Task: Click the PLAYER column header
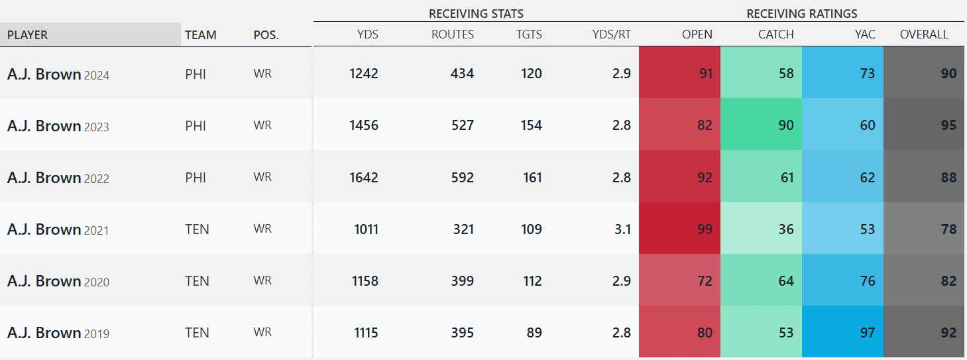(x=28, y=35)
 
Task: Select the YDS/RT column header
(x=611, y=34)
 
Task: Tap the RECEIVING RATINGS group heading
(x=801, y=13)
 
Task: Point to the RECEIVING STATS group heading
(x=476, y=13)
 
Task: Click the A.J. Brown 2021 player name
(x=58, y=229)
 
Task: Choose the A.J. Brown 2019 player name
(x=58, y=333)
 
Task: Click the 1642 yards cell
(x=364, y=178)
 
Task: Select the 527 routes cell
(x=462, y=125)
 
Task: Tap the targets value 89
(x=534, y=333)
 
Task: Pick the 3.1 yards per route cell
(x=622, y=229)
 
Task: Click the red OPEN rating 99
(x=705, y=229)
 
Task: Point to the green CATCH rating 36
(x=786, y=229)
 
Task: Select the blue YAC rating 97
(x=867, y=333)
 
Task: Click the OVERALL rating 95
(x=948, y=125)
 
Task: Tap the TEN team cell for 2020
(x=197, y=281)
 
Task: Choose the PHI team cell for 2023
(x=196, y=125)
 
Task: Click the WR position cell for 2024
(x=262, y=74)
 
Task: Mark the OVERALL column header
(x=924, y=34)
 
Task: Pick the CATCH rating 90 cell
(x=786, y=125)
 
